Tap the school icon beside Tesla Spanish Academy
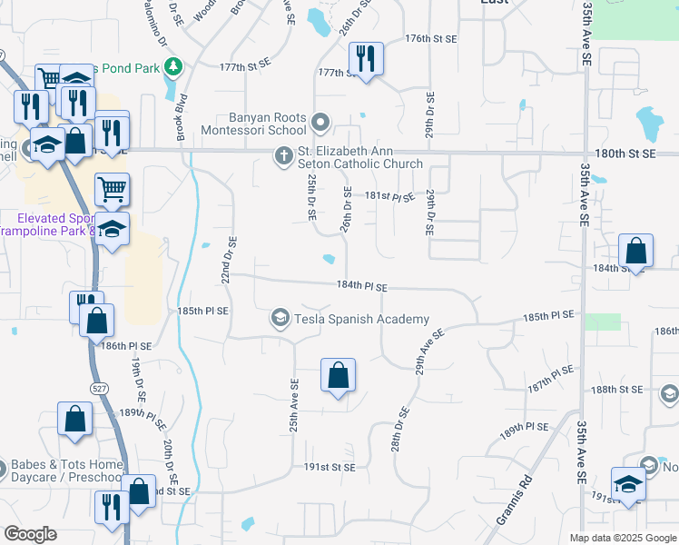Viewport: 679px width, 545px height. click(x=280, y=318)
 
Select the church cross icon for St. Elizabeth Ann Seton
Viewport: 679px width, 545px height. click(x=284, y=156)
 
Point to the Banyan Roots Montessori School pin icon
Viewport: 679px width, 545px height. click(x=320, y=122)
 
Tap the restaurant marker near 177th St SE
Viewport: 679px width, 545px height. click(x=366, y=60)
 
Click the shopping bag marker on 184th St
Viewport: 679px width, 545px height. click(x=636, y=252)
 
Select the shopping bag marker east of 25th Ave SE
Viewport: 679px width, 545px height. click(x=338, y=375)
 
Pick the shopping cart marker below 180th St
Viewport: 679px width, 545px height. click(x=113, y=190)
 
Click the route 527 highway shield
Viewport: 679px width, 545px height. click(x=98, y=389)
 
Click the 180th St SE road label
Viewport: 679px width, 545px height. click(x=625, y=154)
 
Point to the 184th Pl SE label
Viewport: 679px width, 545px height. click(x=361, y=286)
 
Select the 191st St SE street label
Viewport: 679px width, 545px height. click(x=330, y=467)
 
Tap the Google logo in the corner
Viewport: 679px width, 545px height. click(x=30, y=533)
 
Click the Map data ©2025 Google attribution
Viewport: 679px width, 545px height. click(x=622, y=538)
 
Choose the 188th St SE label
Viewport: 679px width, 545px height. click(x=616, y=389)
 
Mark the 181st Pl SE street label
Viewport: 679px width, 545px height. click(x=390, y=195)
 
